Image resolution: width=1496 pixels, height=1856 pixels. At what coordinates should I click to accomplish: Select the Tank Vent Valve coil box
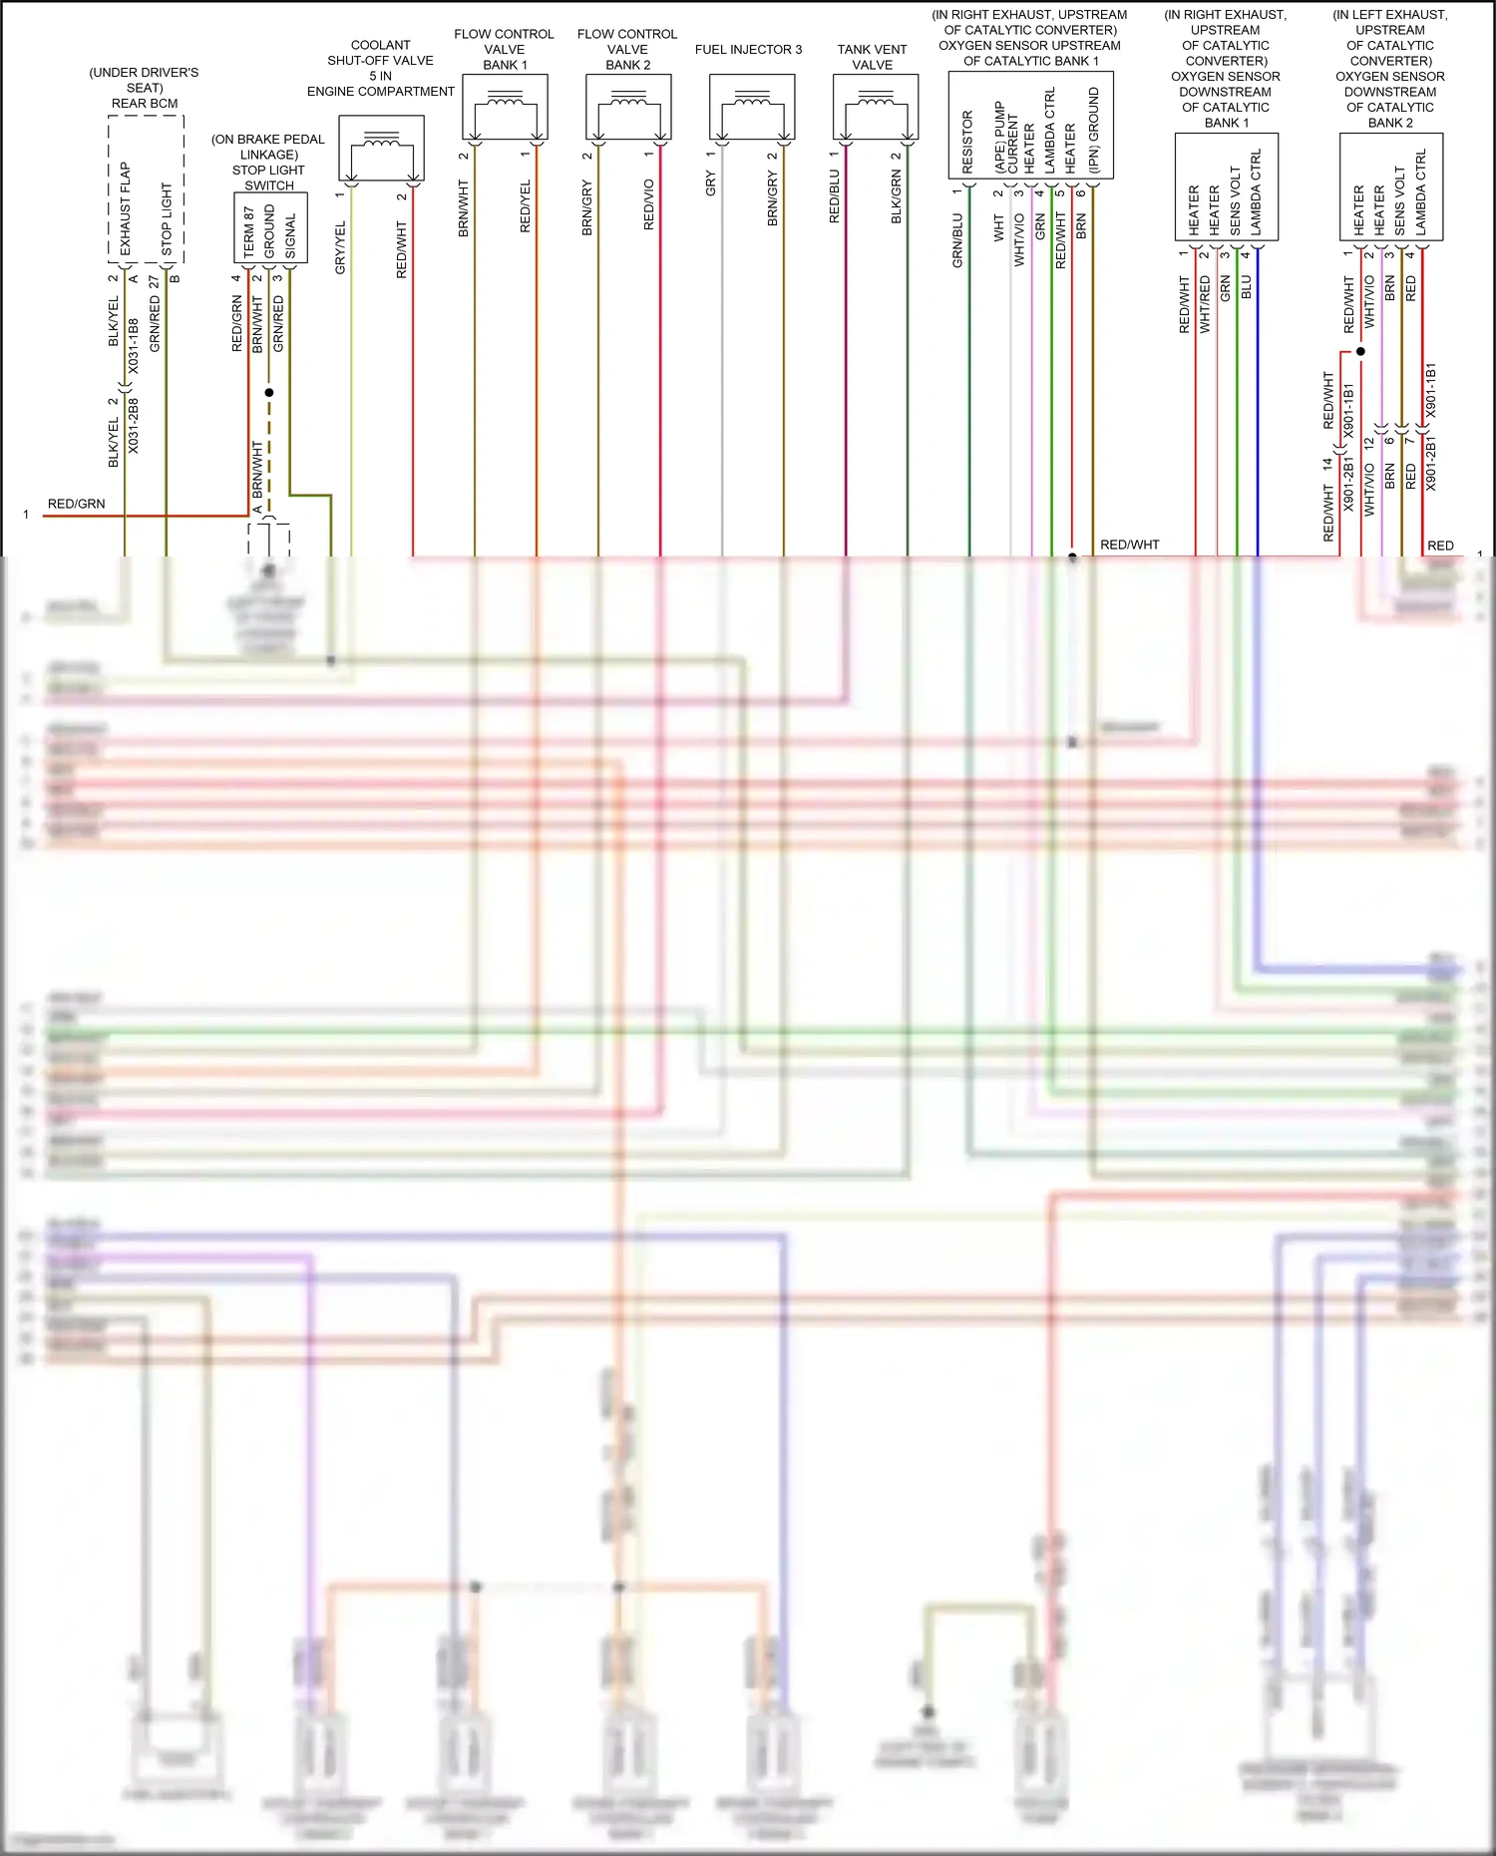[876, 108]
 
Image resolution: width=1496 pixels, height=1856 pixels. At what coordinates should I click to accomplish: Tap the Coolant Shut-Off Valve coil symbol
[381, 148]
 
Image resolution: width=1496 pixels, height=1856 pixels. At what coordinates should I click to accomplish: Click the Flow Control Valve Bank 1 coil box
[505, 108]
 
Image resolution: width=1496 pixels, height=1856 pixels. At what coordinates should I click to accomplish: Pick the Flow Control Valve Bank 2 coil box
[628, 108]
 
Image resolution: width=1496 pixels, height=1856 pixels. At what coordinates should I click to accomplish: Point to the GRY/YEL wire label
[340, 248]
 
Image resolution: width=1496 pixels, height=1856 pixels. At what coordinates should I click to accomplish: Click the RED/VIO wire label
[649, 204]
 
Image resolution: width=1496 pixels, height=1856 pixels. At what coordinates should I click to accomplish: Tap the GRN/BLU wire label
[957, 240]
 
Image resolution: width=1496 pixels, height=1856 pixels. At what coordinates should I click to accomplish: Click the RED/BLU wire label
[835, 196]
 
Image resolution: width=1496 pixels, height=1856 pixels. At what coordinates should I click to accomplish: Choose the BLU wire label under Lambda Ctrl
[1246, 287]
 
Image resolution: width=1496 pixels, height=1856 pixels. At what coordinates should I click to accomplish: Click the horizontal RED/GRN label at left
[76, 504]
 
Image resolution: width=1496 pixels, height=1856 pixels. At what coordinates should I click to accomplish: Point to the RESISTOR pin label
[967, 142]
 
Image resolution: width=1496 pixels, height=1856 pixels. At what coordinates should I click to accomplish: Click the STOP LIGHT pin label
[167, 219]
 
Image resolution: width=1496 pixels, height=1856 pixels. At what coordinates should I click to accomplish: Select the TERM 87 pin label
[248, 231]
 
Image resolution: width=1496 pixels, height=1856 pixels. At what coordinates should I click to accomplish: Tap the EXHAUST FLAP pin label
[125, 209]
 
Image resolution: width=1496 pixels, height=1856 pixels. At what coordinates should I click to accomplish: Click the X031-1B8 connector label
[134, 346]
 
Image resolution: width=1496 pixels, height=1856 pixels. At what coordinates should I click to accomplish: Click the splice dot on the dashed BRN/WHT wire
[268, 392]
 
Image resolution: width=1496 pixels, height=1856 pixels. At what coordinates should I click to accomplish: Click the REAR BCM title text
[145, 104]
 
